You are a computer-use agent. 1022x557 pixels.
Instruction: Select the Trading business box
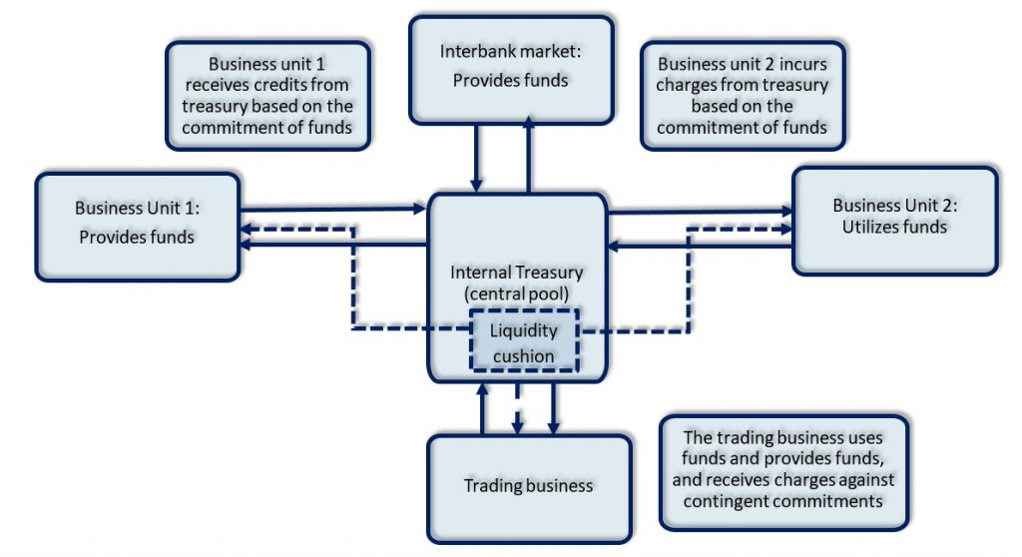(x=528, y=486)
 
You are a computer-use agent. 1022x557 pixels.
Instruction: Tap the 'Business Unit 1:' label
(x=138, y=209)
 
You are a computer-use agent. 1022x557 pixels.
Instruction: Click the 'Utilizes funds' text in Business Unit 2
(x=894, y=227)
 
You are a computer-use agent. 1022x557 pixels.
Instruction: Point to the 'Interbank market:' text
(x=510, y=51)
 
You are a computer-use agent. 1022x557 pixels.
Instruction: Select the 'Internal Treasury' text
(x=517, y=272)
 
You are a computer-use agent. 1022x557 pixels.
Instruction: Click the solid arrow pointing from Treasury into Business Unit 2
(x=699, y=212)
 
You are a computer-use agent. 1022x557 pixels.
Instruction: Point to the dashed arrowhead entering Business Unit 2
(x=783, y=228)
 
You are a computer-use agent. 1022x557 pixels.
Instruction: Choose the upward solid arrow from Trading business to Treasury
(x=482, y=404)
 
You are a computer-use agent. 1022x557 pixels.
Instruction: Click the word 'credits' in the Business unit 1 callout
(x=311, y=85)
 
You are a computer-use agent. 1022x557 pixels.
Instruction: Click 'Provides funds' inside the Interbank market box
(x=510, y=80)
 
